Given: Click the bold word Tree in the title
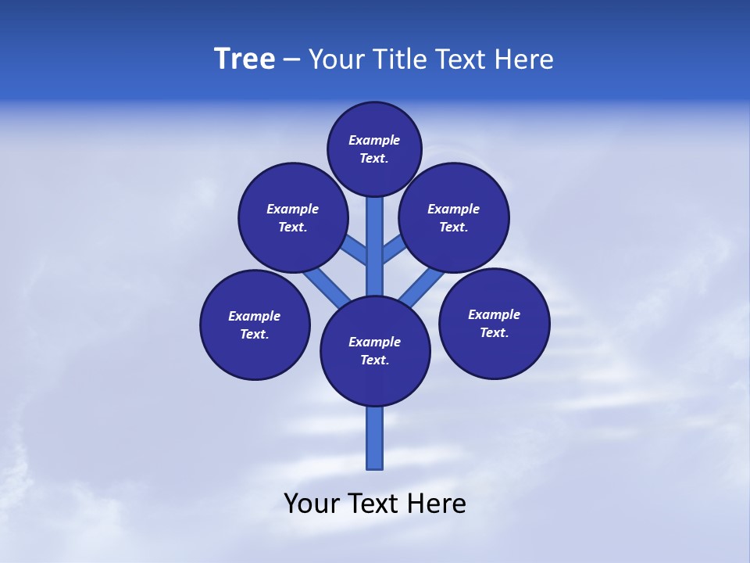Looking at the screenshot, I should pyautogui.click(x=245, y=59).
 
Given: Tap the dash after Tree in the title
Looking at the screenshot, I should pyautogui.click(x=291, y=59).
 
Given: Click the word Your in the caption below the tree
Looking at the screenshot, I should pyautogui.click(x=312, y=504).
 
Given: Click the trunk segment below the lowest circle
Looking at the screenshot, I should pyautogui.click(x=375, y=438).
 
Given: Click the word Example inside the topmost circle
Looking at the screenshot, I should pyautogui.click(x=374, y=140).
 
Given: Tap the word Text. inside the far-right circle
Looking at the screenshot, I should pyautogui.click(x=494, y=332).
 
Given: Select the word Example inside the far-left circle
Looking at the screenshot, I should pyautogui.click(x=254, y=316).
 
